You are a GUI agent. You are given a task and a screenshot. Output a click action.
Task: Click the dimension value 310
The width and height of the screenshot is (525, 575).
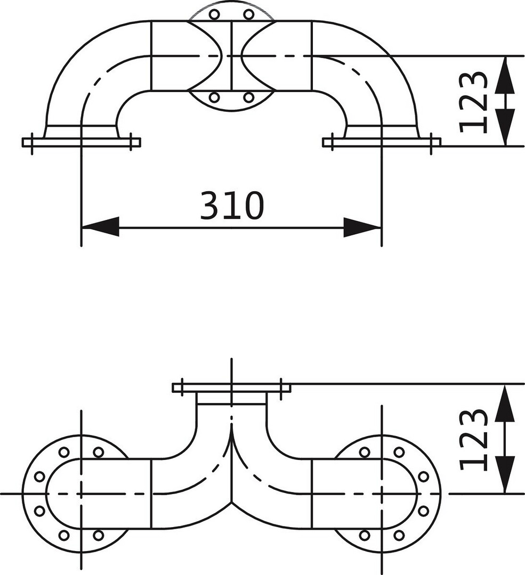[x=232, y=205]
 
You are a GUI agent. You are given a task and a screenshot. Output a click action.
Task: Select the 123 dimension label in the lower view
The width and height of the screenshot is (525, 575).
[x=473, y=440]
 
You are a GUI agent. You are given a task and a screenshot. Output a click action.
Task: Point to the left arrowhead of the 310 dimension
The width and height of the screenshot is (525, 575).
[x=100, y=227]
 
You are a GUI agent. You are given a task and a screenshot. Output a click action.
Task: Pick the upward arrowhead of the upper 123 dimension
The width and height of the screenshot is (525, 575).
[x=504, y=75]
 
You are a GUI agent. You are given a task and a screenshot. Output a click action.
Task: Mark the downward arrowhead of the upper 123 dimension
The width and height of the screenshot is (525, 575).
[x=504, y=127]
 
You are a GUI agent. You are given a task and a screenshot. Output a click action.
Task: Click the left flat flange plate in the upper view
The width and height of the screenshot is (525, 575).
[x=81, y=142]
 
